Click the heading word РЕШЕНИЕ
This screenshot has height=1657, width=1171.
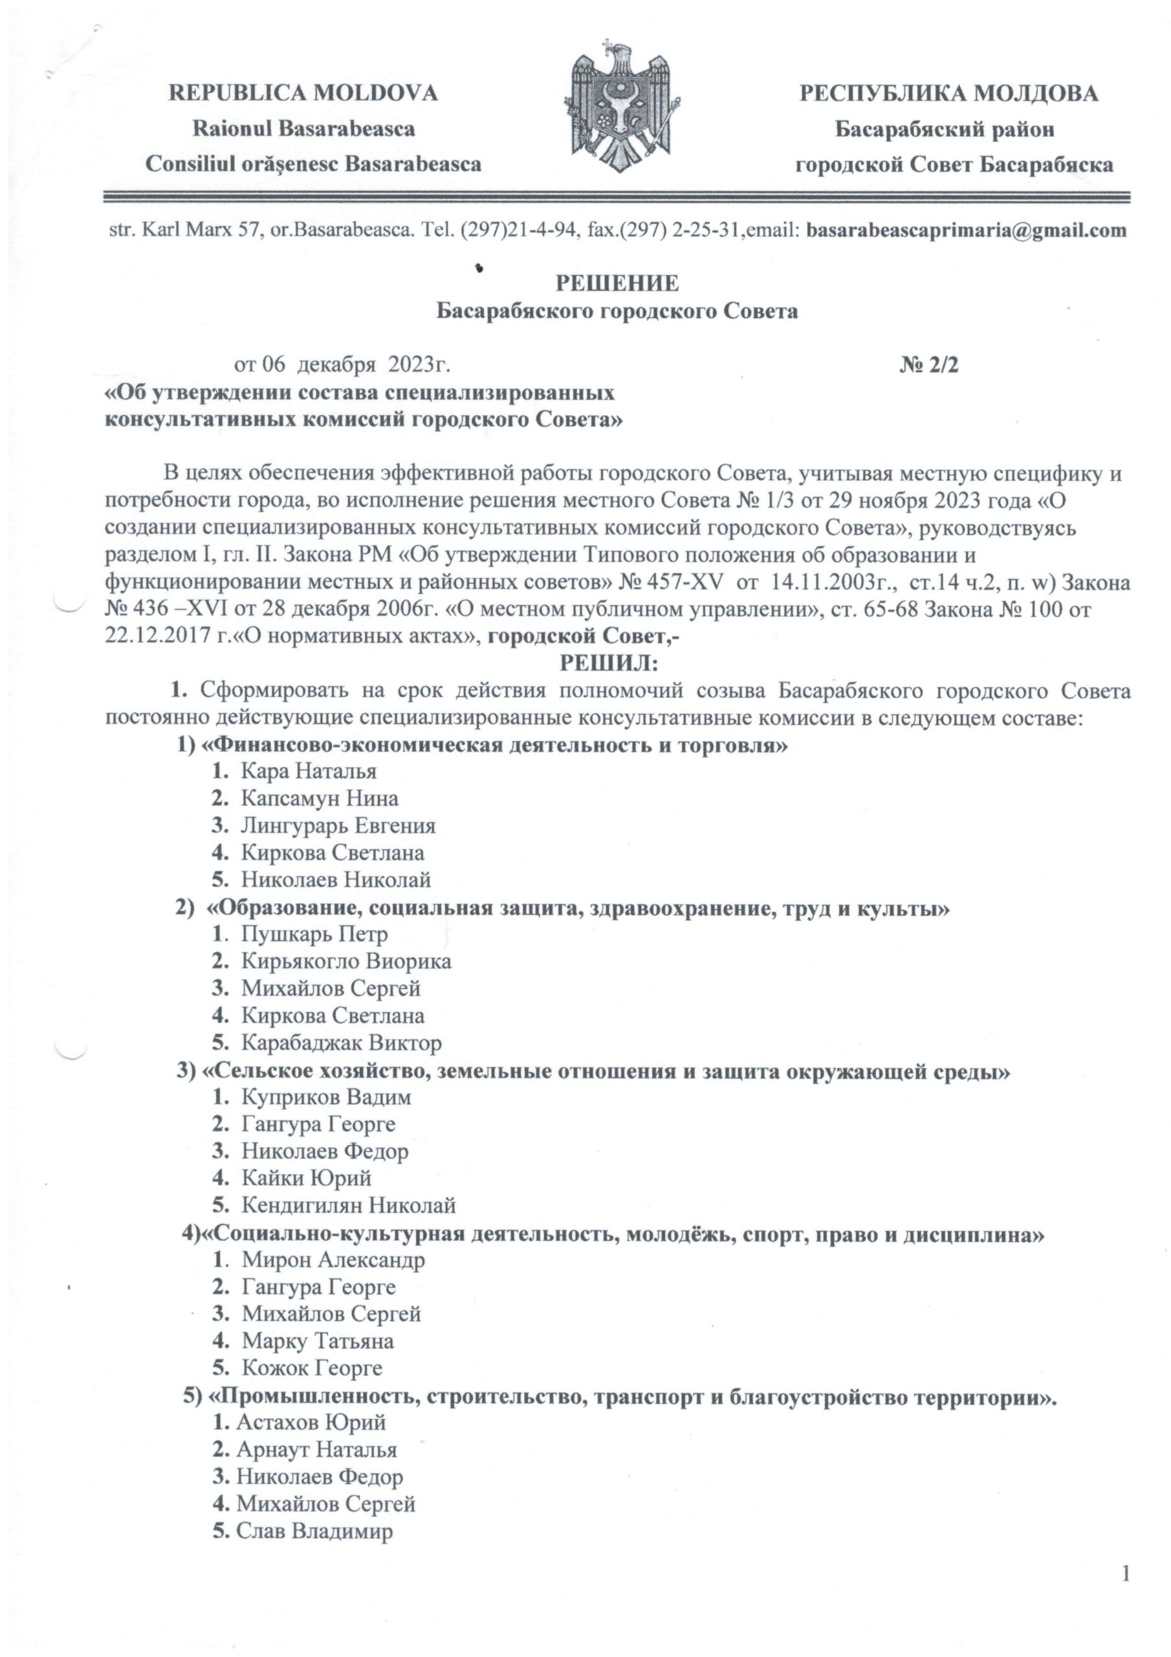(616, 284)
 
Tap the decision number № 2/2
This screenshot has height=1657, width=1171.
(928, 365)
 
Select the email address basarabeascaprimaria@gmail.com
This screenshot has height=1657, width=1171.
(965, 231)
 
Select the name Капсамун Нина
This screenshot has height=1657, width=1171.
(320, 799)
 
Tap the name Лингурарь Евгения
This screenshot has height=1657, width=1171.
(338, 826)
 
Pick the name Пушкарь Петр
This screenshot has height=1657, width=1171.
(314, 935)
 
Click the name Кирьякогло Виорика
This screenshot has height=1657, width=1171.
(346, 961)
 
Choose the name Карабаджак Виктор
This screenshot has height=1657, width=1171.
(341, 1043)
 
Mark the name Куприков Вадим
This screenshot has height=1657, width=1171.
(326, 1098)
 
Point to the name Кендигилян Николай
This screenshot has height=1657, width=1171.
(349, 1206)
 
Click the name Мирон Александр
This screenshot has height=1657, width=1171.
(333, 1260)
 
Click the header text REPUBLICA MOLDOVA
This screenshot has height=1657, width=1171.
(303, 94)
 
